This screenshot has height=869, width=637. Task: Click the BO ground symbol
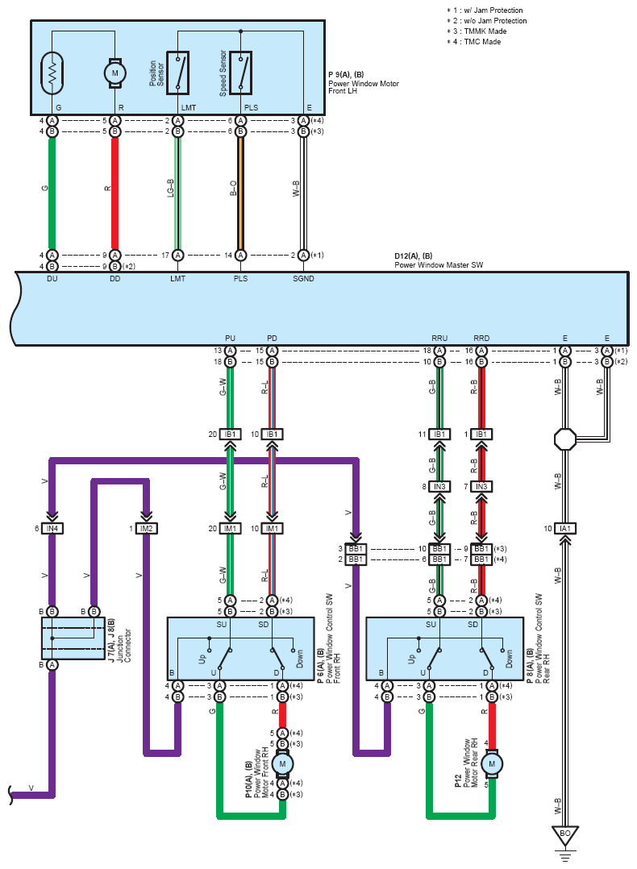pos(564,836)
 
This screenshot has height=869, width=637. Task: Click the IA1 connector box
pos(564,529)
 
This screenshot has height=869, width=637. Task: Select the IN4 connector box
pos(52,529)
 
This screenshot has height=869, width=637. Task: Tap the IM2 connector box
pos(146,529)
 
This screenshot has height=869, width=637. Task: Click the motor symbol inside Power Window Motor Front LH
pos(114,73)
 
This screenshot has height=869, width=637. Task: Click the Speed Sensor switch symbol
pos(240,71)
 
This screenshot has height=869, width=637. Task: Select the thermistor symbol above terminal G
pos(52,73)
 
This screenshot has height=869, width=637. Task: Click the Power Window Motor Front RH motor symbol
pos(282,763)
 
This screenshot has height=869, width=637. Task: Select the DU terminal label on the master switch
pos(52,279)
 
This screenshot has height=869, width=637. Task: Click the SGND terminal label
pos(303,279)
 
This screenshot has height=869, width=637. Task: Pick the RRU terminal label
pos(439,339)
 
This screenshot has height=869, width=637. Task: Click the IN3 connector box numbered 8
pos(439,487)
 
